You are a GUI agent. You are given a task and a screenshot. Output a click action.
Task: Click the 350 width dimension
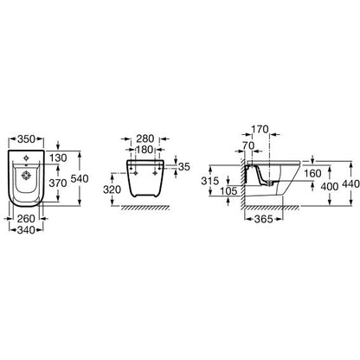tap(26, 139)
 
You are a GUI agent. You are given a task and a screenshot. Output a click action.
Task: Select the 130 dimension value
tap(58, 157)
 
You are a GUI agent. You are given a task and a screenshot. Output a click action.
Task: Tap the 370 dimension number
tap(58, 183)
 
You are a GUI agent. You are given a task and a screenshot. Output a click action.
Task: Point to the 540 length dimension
tap(80, 178)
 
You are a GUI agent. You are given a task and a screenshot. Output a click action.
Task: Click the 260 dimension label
tap(26, 219)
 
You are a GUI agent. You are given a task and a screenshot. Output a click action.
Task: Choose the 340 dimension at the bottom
tap(26, 230)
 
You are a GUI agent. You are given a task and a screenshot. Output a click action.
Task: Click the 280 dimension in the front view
tap(145, 138)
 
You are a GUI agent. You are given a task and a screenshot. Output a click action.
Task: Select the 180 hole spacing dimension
tap(145, 150)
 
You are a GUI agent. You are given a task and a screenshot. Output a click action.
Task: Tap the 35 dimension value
tap(184, 166)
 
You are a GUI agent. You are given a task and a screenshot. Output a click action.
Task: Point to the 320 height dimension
tap(112, 190)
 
